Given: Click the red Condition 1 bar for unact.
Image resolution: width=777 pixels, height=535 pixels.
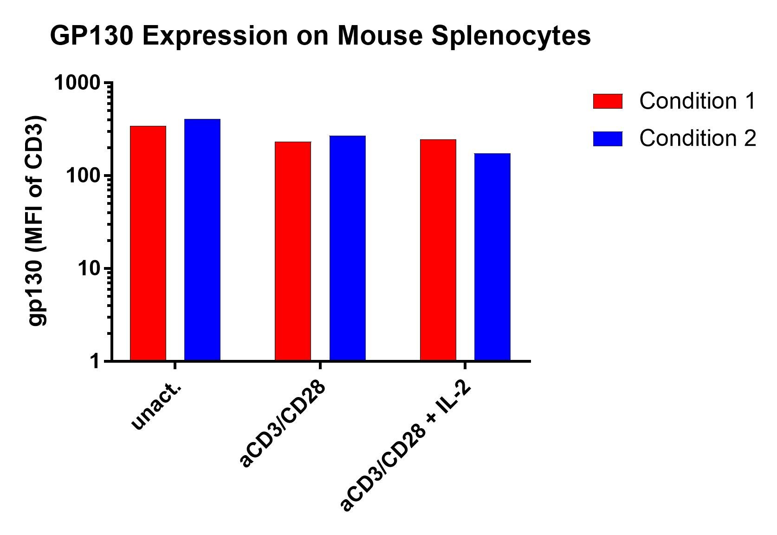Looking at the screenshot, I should point(148,243).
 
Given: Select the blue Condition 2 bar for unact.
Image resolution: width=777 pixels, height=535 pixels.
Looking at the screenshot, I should point(202,240).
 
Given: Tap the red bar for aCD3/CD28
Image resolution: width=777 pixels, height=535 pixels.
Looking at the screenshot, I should point(293,251).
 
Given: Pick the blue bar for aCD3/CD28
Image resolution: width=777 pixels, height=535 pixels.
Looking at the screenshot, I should point(347,248).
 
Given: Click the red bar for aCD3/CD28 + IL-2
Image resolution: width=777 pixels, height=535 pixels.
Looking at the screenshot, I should point(438,250).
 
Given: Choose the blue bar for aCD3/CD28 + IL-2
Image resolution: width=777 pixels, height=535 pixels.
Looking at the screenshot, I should point(492,257).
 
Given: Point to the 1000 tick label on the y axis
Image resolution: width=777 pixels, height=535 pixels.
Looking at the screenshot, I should point(77,84).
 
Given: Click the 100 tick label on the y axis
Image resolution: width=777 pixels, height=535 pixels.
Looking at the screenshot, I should point(84,176).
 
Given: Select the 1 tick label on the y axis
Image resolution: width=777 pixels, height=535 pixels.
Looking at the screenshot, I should point(95,361).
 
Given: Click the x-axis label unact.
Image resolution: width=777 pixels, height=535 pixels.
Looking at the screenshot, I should point(155,405).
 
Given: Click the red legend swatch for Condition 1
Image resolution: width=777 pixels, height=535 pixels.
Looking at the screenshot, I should point(607,101).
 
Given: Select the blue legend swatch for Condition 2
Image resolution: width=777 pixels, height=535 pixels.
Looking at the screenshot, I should point(607,139).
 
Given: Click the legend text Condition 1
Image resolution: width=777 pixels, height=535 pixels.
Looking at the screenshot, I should point(697,101).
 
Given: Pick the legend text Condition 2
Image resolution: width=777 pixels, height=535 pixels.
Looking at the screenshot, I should point(697,138).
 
